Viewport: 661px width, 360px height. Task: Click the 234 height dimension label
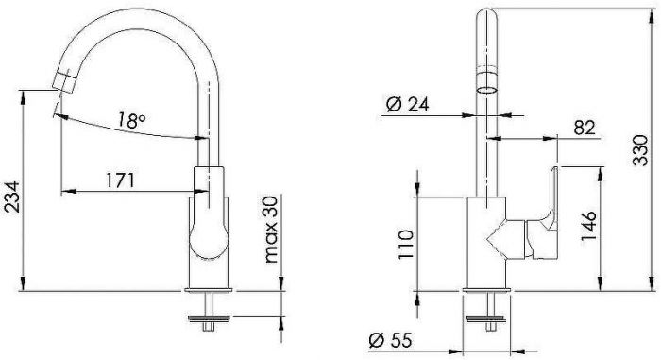tap(11, 197)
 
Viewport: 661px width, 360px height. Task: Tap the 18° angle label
tap(131, 120)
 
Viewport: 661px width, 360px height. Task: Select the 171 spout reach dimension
tap(120, 180)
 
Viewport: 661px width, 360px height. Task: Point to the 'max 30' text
tap(272, 230)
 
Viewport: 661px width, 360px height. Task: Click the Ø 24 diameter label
tap(407, 105)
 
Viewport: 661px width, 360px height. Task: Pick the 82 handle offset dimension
tap(585, 128)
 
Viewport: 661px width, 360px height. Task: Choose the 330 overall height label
tap(641, 150)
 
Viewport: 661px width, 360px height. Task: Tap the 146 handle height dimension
tap(589, 226)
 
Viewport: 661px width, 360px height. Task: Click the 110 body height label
tap(406, 245)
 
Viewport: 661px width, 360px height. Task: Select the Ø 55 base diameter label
tap(390, 340)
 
